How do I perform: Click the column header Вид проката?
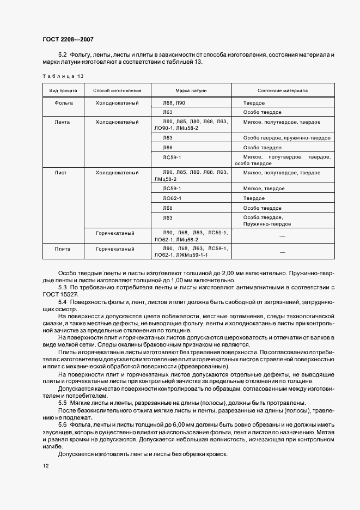[64, 91]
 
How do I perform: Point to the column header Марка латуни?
[191, 91]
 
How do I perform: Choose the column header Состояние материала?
[283, 91]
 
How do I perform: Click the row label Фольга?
[64, 102]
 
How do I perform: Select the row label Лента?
[63, 122]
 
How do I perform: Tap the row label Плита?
[63, 248]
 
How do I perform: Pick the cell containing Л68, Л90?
[174, 102]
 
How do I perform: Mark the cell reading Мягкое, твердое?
[261, 188]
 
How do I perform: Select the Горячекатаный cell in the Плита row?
[115, 248]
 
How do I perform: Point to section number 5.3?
[62, 287]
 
